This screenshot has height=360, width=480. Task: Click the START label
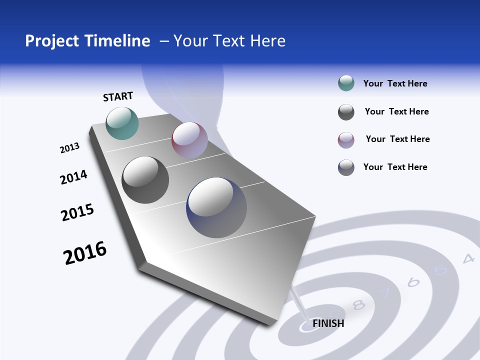pos(118,96)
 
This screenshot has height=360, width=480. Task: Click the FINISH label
pos(328,323)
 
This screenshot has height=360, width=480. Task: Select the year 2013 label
pos(69,148)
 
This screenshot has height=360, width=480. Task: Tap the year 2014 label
pos(73,177)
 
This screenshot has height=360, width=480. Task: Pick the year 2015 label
pos(77,212)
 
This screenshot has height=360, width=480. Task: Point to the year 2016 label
pos(85,253)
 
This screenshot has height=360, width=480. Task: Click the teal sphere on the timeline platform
pos(122,123)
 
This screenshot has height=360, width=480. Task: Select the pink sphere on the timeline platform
pos(189,140)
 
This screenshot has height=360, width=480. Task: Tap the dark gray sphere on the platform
pos(145,180)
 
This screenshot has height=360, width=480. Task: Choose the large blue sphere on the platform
pos(216,207)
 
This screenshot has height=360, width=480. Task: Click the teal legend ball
pos(346,83)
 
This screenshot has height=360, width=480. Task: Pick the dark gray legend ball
pos(346,112)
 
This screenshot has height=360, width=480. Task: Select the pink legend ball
pos(346,140)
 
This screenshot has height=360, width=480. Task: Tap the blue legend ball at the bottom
pos(346,167)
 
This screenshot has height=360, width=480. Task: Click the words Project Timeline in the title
pos(87,41)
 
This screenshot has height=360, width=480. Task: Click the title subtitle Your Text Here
pos(229,41)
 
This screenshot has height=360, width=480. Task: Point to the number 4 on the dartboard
pos(468,258)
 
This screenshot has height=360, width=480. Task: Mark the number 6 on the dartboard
pos(413,282)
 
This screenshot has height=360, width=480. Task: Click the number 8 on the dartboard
pos(358,304)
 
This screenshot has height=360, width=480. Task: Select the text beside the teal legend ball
pos(395,83)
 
